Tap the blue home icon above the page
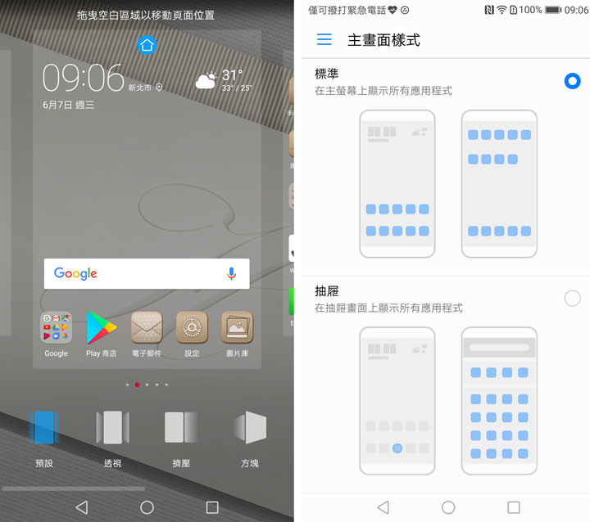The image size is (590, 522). (x=147, y=45)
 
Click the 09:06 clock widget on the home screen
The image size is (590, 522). (x=83, y=78)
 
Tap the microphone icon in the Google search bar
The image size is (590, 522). (x=231, y=274)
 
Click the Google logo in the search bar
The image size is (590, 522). (x=75, y=274)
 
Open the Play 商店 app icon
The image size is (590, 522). (x=102, y=327)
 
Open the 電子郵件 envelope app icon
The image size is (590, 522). (x=147, y=327)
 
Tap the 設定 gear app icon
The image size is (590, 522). (x=192, y=327)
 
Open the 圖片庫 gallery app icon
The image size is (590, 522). (x=237, y=327)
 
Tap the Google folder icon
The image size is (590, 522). (x=57, y=327)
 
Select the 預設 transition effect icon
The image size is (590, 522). (x=44, y=427)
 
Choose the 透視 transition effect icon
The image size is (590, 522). (x=112, y=427)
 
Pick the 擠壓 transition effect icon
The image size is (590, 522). (x=181, y=427)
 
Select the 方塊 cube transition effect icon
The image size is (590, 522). (x=250, y=427)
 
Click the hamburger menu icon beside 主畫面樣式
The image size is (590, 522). (x=324, y=39)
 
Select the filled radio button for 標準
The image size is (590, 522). (x=573, y=81)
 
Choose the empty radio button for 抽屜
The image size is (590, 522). (x=573, y=298)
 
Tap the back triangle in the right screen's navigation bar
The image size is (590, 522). (x=383, y=507)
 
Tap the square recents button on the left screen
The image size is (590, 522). (x=212, y=507)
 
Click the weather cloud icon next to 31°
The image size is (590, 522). (x=206, y=80)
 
